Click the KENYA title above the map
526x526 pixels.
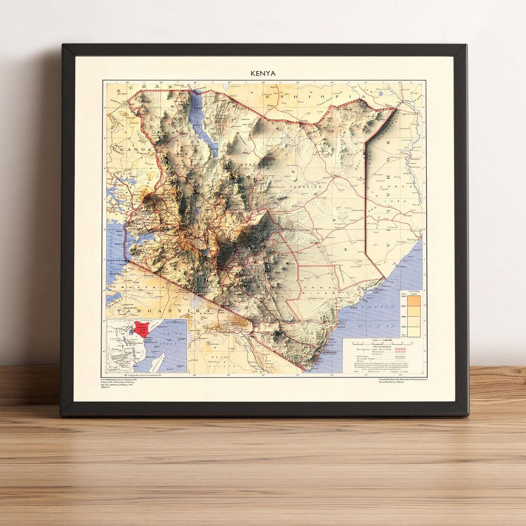[x=263, y=74]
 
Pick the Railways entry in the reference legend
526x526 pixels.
[x=363, y=356]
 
